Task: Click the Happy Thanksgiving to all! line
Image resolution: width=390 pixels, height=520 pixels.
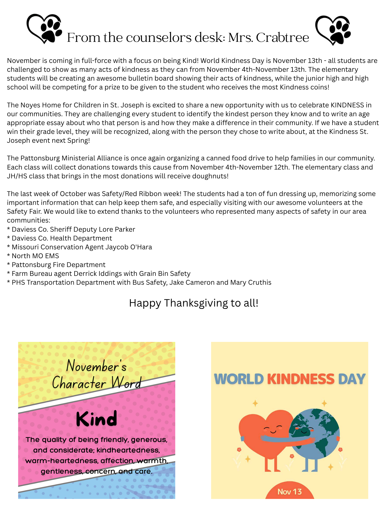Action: (x=194, y=303)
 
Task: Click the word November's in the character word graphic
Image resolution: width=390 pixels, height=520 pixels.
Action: (x=96, y=366)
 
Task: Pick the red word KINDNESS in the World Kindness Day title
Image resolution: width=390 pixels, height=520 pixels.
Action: (x=301, y=379)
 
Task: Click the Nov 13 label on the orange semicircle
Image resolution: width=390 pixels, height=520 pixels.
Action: (x=290, y=492)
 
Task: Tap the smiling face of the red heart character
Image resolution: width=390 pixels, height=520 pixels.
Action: (x=272, y=429)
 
